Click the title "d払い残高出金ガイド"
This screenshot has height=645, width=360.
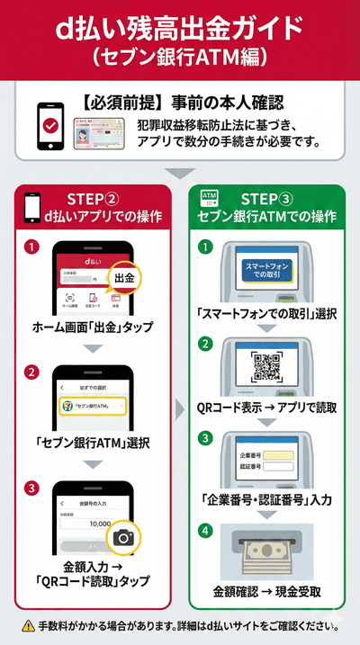(x=179, y=27)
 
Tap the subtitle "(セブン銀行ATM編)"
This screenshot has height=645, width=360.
(x=179, y=56)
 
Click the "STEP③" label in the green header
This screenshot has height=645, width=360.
(x=272, y=198)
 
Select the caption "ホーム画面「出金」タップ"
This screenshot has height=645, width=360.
(x=92, y=326)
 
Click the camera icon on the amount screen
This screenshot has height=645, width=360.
(x=124, y=537)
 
